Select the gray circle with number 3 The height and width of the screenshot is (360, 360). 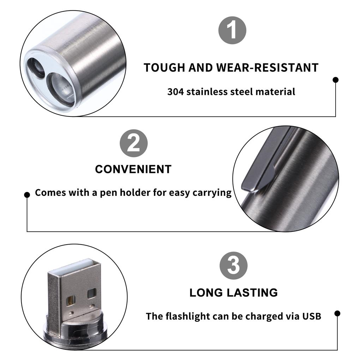click(233, 265)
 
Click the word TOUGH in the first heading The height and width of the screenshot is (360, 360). click(164, 68)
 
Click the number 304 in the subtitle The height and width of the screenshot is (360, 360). click(176, 92)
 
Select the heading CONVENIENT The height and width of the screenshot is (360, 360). click(133, 169)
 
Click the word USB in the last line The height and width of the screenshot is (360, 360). click(311, 316)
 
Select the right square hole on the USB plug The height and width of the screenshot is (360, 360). click(92, 293)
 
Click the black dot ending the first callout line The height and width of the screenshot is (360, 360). click(336, 80)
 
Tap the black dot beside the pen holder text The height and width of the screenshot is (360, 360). click(27, 195)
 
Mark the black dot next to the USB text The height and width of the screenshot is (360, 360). click(337, 313)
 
